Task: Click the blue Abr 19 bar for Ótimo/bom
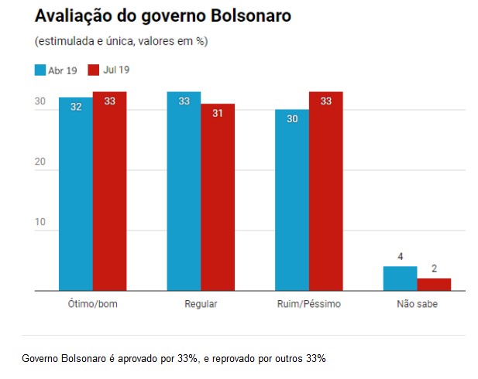coord(75,193)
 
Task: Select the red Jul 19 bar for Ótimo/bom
coord(109,191)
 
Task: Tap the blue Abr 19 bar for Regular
coord(184,191)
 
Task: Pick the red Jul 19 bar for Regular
coord(218,197)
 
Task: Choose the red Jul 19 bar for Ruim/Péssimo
coord(325,191)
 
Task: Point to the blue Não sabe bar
coord(400,278)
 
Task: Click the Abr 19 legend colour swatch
coord(40,70)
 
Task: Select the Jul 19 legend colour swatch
coord(95,70)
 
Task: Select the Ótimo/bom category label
coord(92,304)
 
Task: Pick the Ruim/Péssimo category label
coord(308,304)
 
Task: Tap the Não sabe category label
coord(417,304)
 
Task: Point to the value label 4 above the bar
coord(400,256)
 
